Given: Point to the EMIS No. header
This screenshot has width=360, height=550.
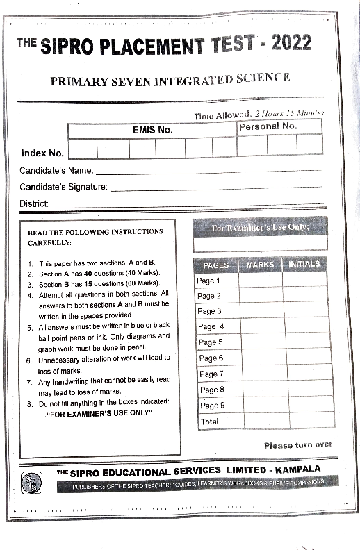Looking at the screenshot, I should pos(152,130).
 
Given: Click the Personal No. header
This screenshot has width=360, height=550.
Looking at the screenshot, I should pos(268,126).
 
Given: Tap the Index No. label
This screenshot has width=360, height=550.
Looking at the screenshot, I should pos(42,153).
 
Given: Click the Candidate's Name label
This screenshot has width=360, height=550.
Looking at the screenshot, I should pos(56,171).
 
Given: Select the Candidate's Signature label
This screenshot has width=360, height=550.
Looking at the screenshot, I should pos(63,187).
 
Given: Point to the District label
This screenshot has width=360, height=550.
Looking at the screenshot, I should pos(34,203).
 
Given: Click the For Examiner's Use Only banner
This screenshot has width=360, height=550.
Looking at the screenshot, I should pos(260,228).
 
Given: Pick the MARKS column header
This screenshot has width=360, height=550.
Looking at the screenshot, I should pos(260,265).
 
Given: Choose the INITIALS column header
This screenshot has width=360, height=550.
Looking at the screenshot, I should pos(304,264).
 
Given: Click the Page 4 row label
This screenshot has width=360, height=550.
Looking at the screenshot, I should pos(211,326).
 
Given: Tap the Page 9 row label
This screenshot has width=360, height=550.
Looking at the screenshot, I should pos(212,406).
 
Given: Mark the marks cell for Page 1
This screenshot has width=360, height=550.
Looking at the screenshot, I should pos(260,280).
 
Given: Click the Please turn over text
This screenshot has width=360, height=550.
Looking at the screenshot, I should pos(297,444).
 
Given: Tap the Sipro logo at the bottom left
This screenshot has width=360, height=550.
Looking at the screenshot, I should pos(31,482).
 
